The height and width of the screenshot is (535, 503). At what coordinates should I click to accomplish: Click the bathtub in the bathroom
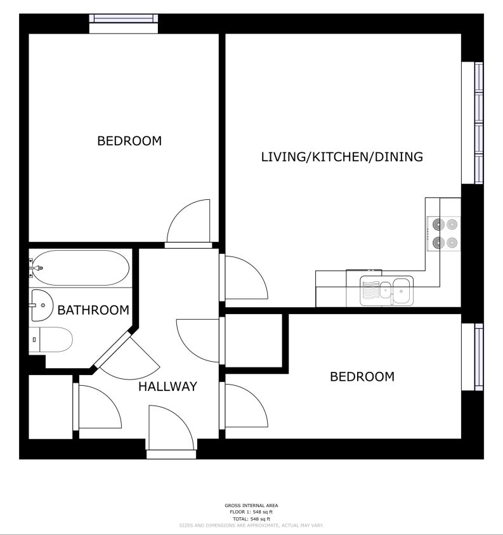pyautogui.click(x=81, y=268)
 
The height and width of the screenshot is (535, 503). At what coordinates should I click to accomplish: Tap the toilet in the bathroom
pyautogui.click(x=51, y=340)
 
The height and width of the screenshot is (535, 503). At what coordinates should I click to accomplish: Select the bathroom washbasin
pyautogui.click(x=42, y=305)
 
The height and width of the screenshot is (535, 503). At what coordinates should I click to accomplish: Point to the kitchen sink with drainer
pyautogui.click(x=386, y=291)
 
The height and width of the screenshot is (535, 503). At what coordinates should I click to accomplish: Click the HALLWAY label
pyautogui.click(x=168, y=386)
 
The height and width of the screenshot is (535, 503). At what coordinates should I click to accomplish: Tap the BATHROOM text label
pyautogui.click(x=93, y=310)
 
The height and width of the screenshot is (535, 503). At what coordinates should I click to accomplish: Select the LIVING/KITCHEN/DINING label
pyautogui.click(x=342, y=157)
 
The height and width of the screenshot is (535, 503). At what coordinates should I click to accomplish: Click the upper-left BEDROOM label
pyautogui.click(x=129, y=141)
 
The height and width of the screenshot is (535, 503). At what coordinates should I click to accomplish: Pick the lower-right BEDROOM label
pyautogui.click(x=362, y=377)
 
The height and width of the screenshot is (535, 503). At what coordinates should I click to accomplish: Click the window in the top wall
pyautogui.click(x=124, y=23)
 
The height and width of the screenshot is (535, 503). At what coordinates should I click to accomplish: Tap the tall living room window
pyautogui.click(x=473, y=123)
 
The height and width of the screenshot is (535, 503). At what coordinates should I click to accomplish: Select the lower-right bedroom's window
pyautogui.click(x=473, y=357)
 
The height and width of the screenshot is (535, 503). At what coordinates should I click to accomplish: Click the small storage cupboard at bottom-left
pyautogui.click(x=51, y=407)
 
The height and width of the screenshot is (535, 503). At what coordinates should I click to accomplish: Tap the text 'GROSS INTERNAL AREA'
pyautogui.click(x=251, y=505)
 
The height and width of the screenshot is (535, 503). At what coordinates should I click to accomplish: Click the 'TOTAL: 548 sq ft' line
pyautogui.click(x=251, y=519)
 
